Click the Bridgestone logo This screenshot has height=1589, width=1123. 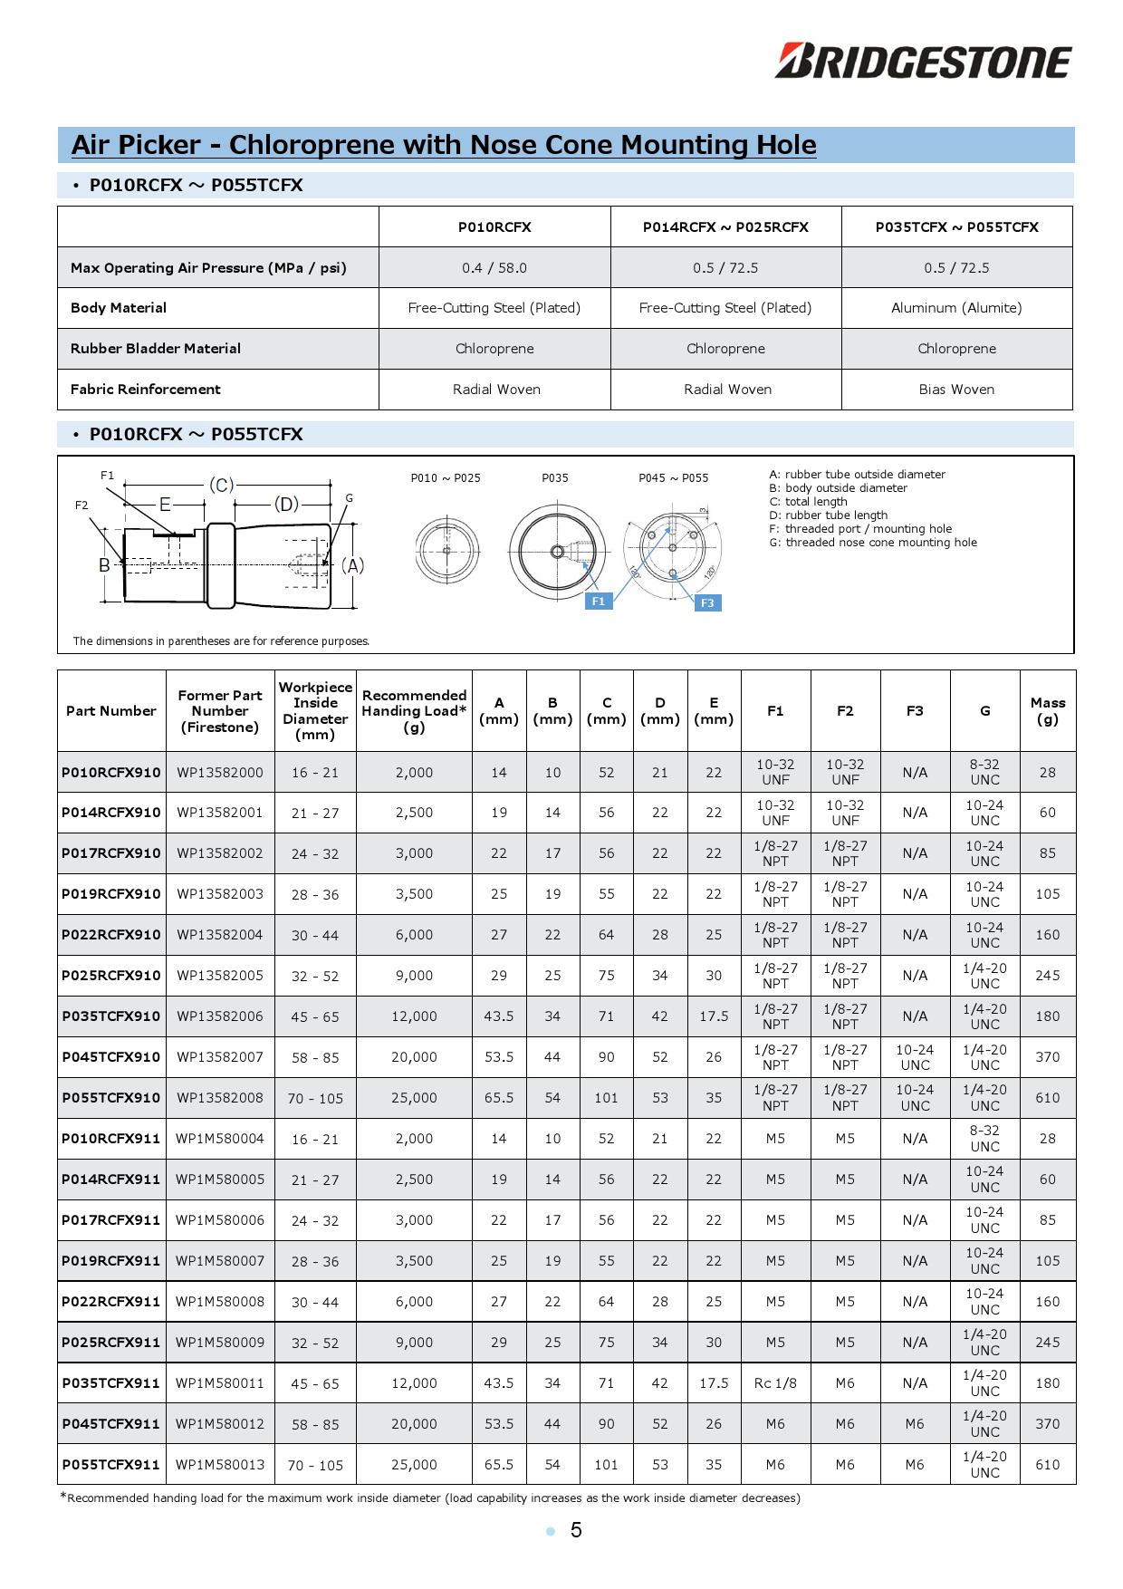click(x=923, y=62)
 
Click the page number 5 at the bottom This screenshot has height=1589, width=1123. click(x=576, y=1530)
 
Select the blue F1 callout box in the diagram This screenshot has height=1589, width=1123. click(x=598, y=601)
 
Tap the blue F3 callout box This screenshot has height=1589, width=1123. click(x=707, y=602)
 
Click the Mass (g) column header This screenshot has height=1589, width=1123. click(x=1047, y=711)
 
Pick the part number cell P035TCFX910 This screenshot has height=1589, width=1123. click(x=111, y=1016)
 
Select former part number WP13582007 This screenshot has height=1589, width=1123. click(x=220, y=1057)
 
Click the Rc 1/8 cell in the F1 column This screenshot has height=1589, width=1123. click(x=775, y=1383)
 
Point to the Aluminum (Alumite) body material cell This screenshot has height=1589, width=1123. click(x=956, y=308)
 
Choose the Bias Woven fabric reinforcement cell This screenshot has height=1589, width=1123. click(x=956, y=390)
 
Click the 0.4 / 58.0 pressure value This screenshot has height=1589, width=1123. click(x=494, y=268)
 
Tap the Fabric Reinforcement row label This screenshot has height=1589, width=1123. click(x=146, y=390)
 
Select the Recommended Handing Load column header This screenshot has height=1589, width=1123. click(x=414, y=711)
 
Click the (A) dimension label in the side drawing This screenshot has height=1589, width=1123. click(x=352, y=565)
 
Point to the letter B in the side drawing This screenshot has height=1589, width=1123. click(x=104, y=565)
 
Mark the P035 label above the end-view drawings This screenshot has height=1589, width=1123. click(x=555, y=478)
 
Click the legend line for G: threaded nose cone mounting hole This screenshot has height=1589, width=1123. click(x=873, y=543)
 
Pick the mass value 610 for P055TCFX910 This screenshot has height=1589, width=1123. click(x=1047, y=1098)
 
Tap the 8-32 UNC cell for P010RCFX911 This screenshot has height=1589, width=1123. click(x=984, y=1139)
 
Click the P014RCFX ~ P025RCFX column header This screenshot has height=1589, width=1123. click(x=725, y=227)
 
